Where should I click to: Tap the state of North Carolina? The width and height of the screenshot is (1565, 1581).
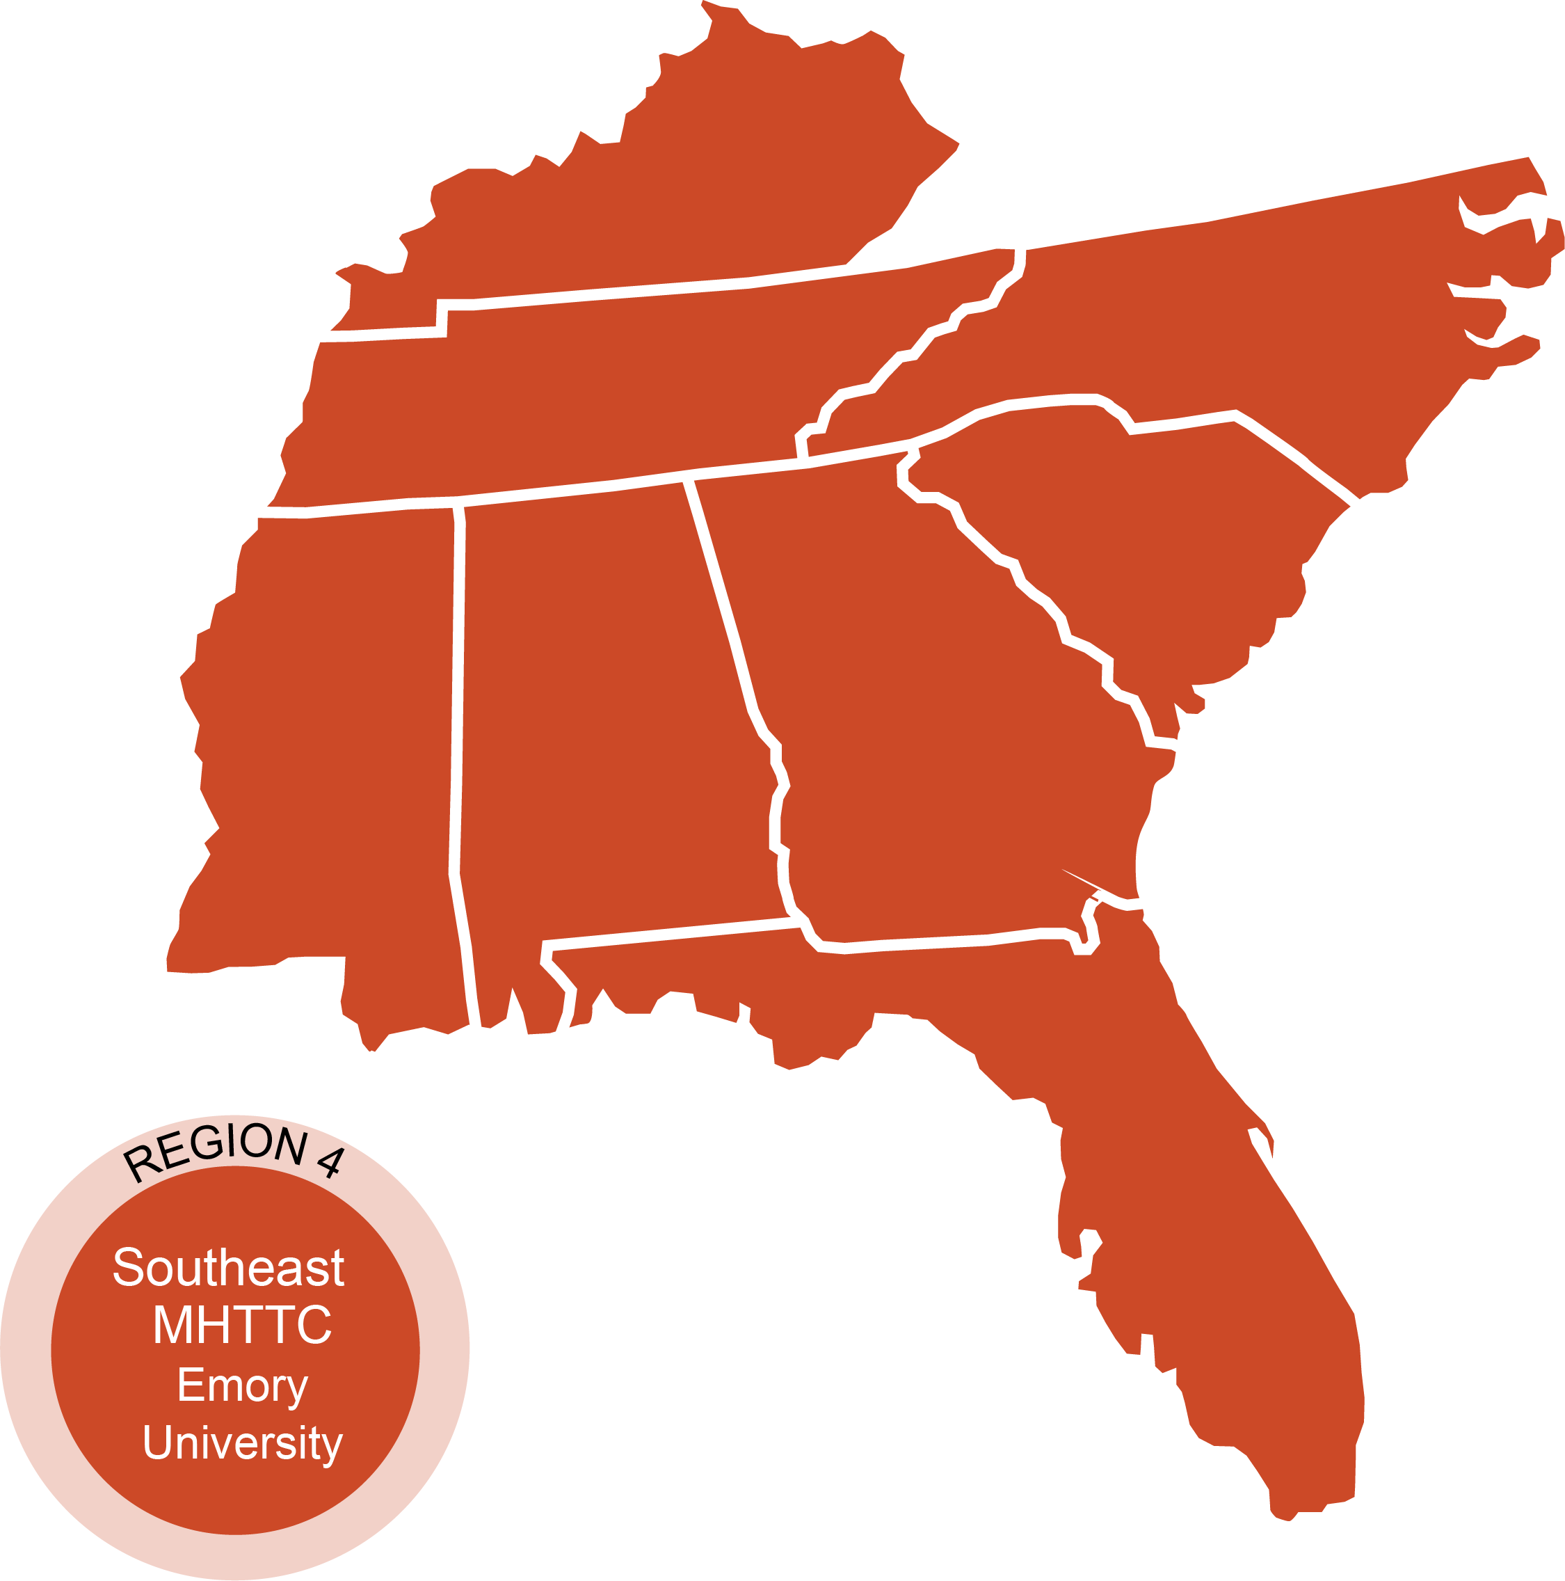(1227, 327)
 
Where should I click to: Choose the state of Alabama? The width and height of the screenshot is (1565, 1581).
(605, 736)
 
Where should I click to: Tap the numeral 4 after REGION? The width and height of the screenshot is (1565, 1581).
(330, 1162)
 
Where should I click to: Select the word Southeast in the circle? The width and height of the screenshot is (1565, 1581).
(228, 1268)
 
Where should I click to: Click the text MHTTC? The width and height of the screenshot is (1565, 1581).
(242, 1325)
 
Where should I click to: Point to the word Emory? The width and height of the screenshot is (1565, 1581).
(242, 1385)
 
